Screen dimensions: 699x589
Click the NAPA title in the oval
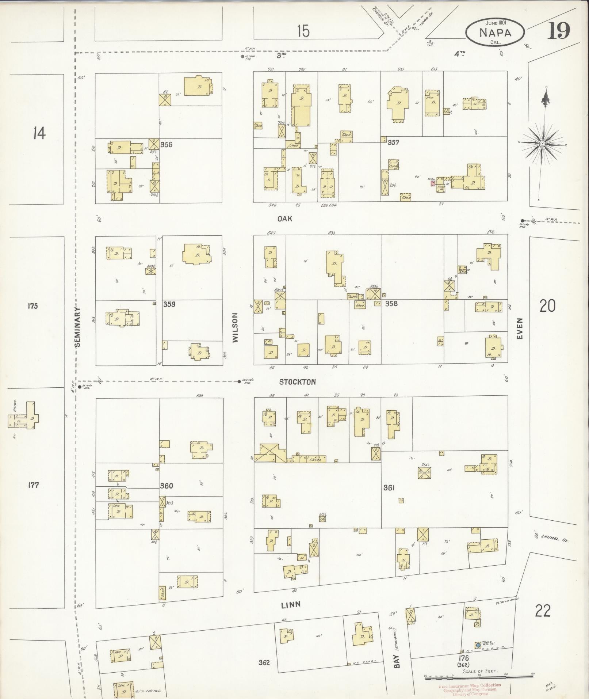point(496,33)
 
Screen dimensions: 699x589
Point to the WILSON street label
point(235,327)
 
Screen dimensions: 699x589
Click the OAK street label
point(285,219)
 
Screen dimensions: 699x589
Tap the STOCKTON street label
point(297,382)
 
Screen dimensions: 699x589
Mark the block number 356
point(166,144)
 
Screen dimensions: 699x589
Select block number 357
point(393,143)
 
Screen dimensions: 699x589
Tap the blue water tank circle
point(478,645)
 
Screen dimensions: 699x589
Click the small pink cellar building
point(433,183)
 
